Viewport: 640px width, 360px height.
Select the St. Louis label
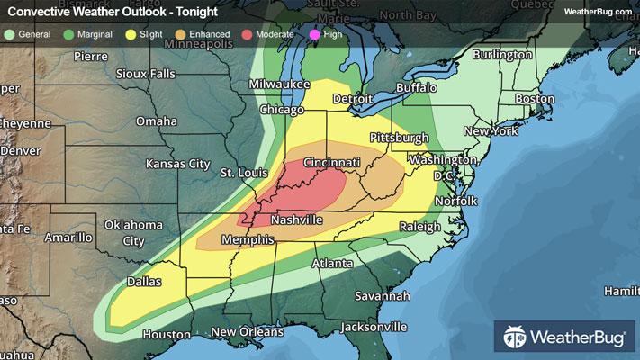point(242,172)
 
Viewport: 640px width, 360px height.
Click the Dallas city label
point(142,282)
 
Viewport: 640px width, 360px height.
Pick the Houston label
point(167,334)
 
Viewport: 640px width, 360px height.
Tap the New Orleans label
point(248,331)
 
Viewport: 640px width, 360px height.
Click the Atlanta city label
point(330,264)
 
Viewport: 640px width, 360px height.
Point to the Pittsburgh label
point(399,138)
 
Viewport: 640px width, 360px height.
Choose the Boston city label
point(536,98)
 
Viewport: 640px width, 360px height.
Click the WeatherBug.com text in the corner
point(597,11)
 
